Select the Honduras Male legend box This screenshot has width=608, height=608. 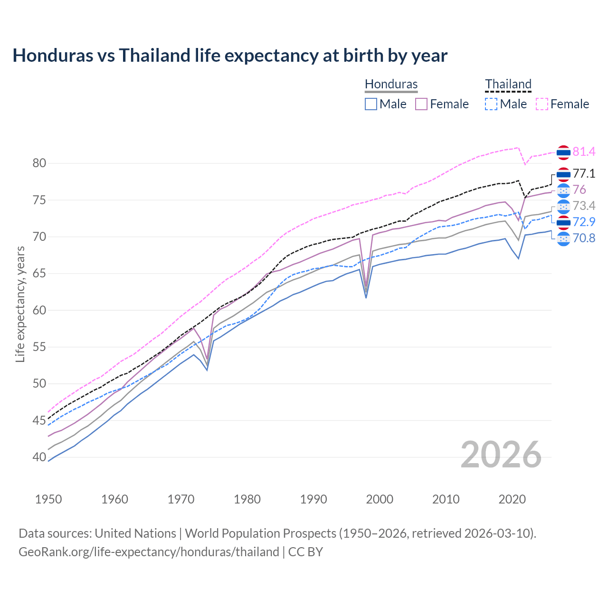pos(371,104)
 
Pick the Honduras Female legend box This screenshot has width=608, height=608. pos(421,104)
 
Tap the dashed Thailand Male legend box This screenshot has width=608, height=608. pos(491,104)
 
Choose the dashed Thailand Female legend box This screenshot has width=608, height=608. pos(542,104)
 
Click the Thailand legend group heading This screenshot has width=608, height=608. pos(508,84)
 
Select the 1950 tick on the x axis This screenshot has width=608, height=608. pos(48,499)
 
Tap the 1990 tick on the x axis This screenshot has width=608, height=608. pos(313,499)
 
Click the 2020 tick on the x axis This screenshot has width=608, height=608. pos(512,499)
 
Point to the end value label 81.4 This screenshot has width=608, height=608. pos(584,152)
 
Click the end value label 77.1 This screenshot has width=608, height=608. pos(584,174)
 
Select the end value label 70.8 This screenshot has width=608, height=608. pos(584,238)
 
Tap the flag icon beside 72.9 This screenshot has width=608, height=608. pos(563,222)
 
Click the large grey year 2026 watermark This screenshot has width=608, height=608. pos(501,455)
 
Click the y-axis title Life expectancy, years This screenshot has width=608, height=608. pos(20,304)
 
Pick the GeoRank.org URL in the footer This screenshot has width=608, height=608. pos(149,552)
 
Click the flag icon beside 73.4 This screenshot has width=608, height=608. pos(563,206)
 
